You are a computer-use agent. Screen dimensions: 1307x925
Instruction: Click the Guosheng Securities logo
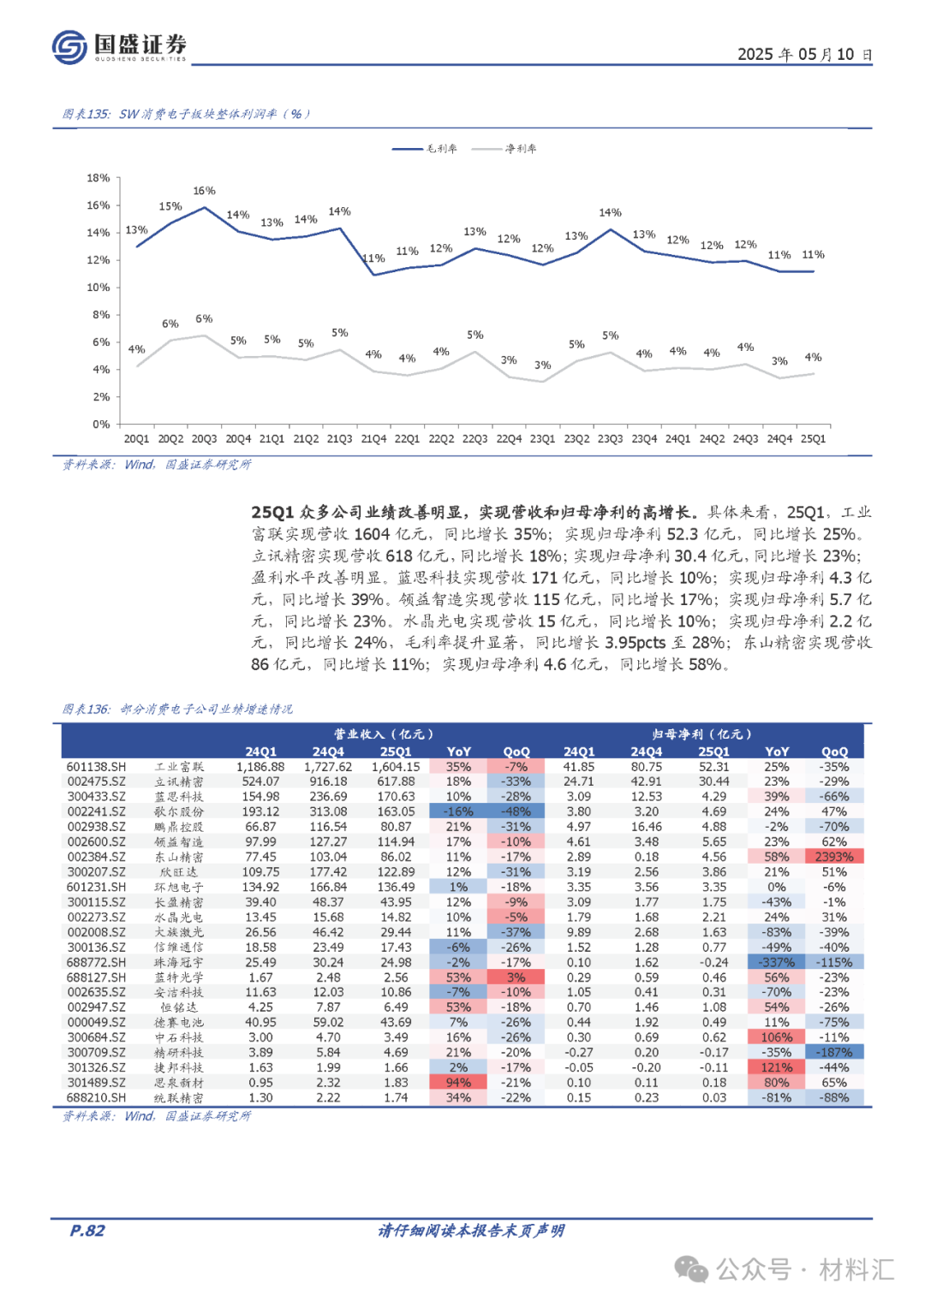pos(119,47)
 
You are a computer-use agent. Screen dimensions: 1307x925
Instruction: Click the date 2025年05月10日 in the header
pos(804,55)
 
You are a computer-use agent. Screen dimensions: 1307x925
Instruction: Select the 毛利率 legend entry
pos(425,149)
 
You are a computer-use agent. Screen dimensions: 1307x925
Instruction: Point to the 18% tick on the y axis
pos(98,178)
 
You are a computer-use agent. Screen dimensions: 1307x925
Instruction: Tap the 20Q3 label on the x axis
pos(204,439)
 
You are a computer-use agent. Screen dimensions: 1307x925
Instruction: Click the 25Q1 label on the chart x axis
pos(813,439)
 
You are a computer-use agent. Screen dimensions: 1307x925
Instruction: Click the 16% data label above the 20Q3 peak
pos(204,191)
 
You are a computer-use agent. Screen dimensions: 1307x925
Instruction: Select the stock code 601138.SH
pos(96,767)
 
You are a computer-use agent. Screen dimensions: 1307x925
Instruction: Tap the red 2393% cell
pos(834,857)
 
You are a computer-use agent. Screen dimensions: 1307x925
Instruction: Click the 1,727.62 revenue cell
pos(328,767)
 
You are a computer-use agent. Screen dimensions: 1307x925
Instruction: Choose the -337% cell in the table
pos(777,962)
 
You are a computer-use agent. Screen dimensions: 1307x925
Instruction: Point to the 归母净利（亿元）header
pos(701,734)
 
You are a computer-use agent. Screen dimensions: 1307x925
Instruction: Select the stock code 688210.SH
pos(96,1097)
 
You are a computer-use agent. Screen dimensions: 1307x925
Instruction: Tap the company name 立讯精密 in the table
pos(179,781)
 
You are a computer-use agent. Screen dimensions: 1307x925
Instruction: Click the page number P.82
pos(87,1231)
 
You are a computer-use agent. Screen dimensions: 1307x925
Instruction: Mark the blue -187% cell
pos(834,1052)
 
